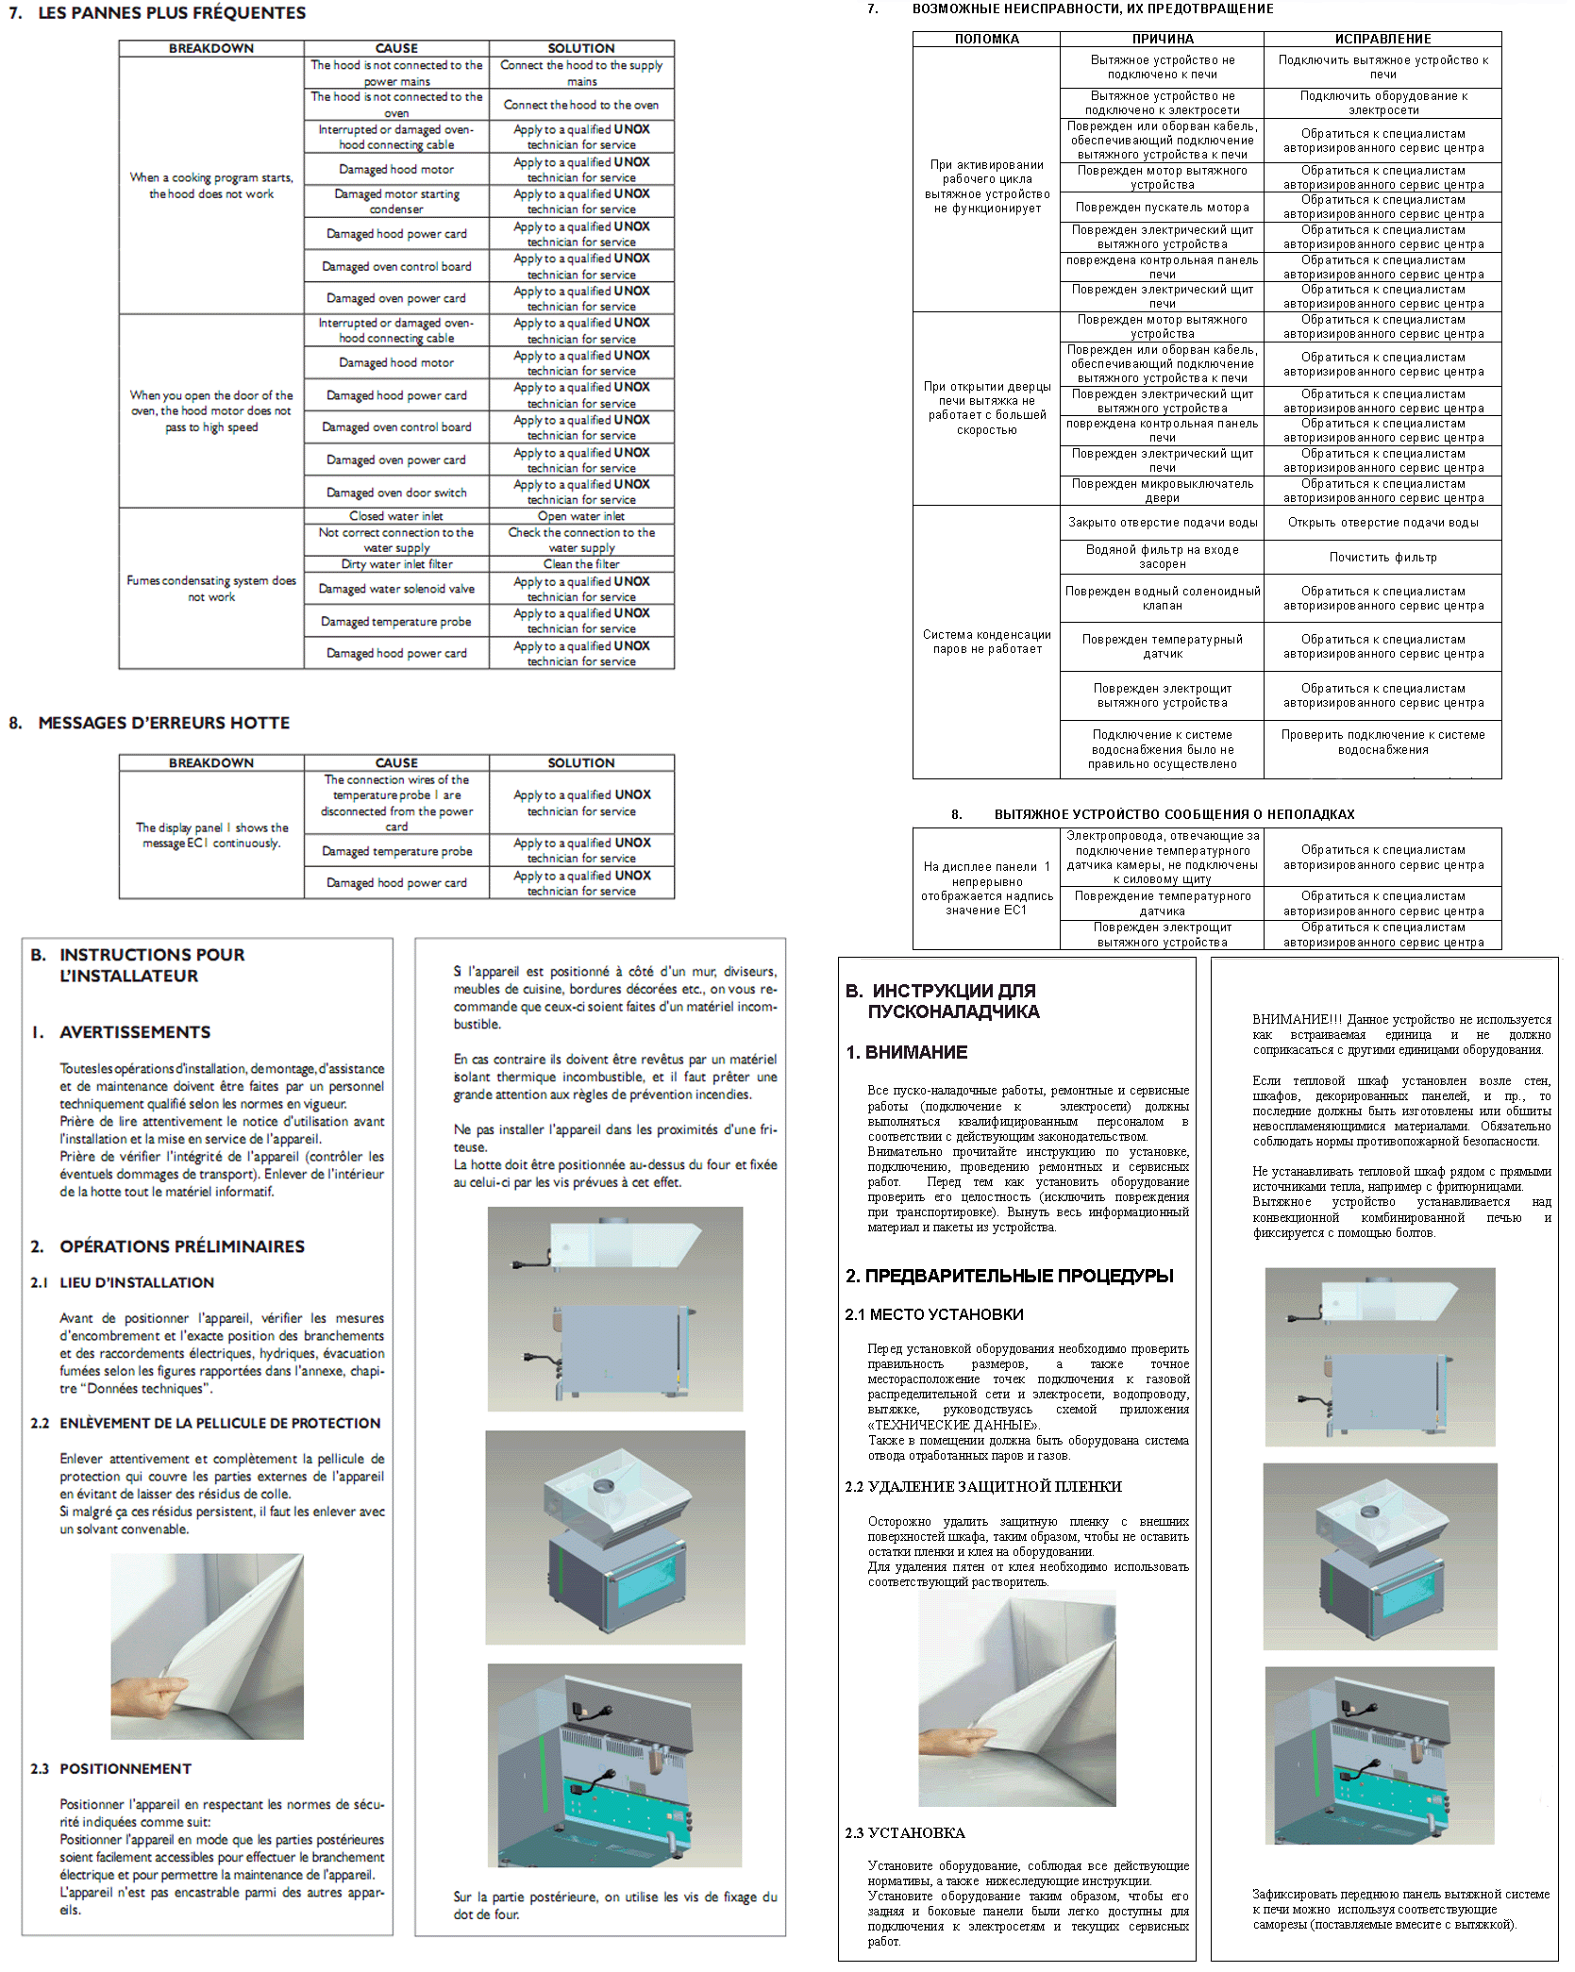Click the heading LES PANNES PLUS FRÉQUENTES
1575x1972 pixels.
pyautogui.click(x=171, y=13)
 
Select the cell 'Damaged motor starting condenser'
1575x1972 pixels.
pyautogui.click(x=396, y=201)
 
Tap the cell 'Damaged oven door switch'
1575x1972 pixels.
pyautogui.click(x=396, y=493)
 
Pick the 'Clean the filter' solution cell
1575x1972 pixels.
pyautogui.click(x=581, y=564)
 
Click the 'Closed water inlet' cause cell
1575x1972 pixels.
pyautogui.click(x=396, y=516)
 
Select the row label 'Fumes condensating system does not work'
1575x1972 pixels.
pyautogui.click(x=211, y=589)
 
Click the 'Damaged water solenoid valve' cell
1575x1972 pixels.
pyautogui.click(x=396, y=589)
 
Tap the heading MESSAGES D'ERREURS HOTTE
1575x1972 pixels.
pyautogui.click(x=163, y=723)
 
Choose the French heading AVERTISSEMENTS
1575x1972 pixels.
pyautogui.click(x=135, y=1032)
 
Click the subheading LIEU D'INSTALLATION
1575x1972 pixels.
pyautogui.click(x=137, y=1282)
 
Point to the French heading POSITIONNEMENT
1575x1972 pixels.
pyautogui.click(x=126, y=1768)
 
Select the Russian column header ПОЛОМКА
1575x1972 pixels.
pyautogui.click(x=986, y=39)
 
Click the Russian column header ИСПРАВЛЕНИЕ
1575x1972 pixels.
pyautogui.click(x=1382, y=39)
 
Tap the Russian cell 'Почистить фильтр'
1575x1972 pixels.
pyautogui.click(x=1382, y=558)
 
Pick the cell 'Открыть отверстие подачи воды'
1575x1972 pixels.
pyautogui.click(x=1382, y=523)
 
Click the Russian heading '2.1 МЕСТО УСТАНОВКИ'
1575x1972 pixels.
pyautogui.click(x=934, y=1314)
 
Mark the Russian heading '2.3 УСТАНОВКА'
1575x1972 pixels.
pyautogui.click(x=905, y=1832)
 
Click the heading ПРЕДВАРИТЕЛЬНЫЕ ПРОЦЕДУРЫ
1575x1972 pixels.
pyautogui.click(x=1019, y=1276)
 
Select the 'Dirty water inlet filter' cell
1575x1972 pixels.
pyautogui.click(x=396, y=564)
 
